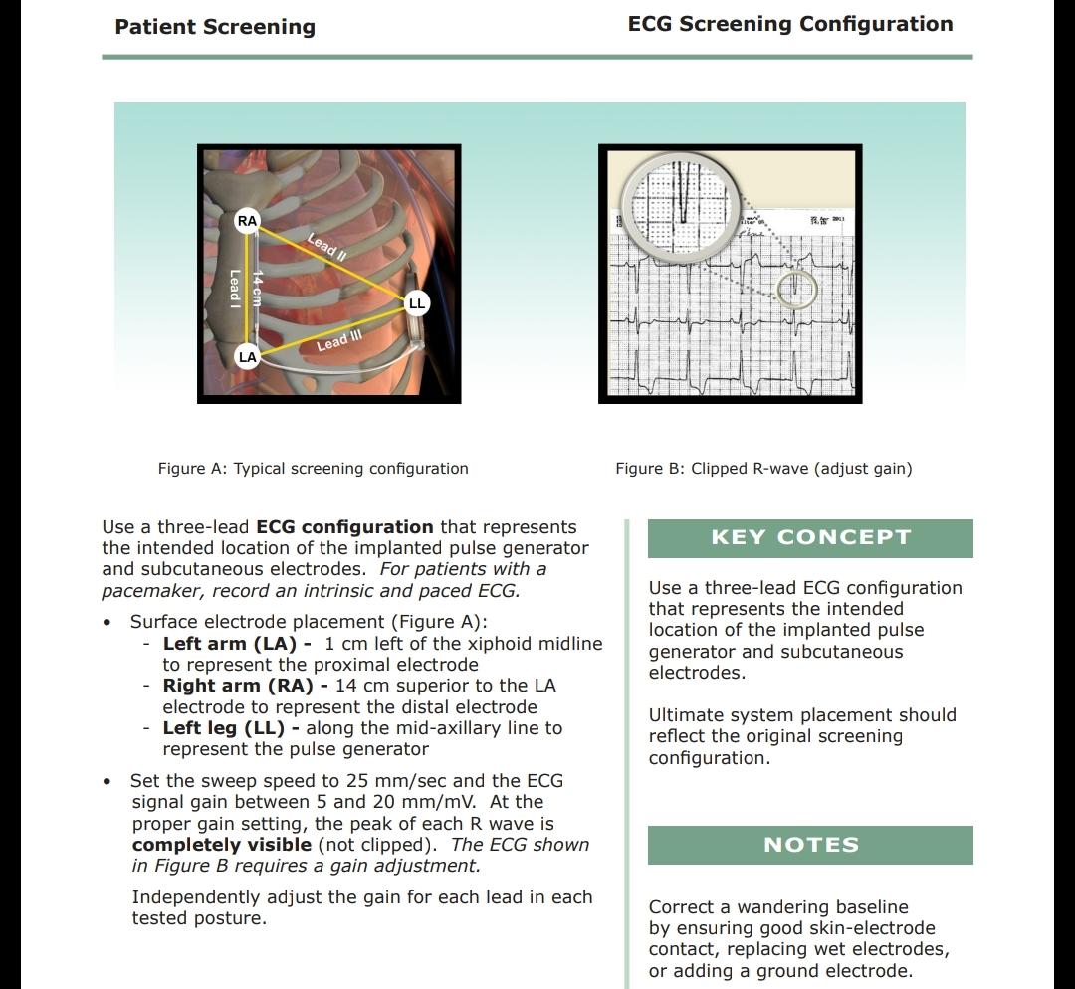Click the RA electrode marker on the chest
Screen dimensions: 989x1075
248,221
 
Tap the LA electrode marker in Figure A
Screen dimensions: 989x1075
247,356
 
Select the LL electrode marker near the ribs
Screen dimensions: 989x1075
417,302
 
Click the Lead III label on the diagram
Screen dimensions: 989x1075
338,341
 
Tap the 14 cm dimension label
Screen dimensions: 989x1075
257,289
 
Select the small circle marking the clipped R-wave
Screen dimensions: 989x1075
796,291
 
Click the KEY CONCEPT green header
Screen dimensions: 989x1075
810,538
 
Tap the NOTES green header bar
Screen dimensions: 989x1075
810,845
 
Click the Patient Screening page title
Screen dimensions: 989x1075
215,27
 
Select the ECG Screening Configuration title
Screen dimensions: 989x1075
789,24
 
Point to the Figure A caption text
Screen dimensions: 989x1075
313,468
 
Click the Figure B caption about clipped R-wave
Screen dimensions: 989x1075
763,468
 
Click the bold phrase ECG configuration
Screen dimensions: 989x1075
344,527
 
